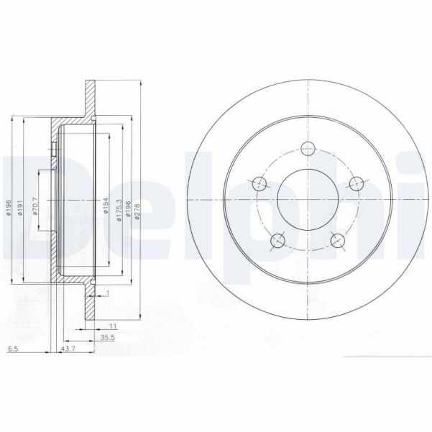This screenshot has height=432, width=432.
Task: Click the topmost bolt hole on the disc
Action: coord(308,150)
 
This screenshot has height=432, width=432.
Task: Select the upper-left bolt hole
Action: coord(260,184)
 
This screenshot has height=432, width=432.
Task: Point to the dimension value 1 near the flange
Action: coord(106,293)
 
